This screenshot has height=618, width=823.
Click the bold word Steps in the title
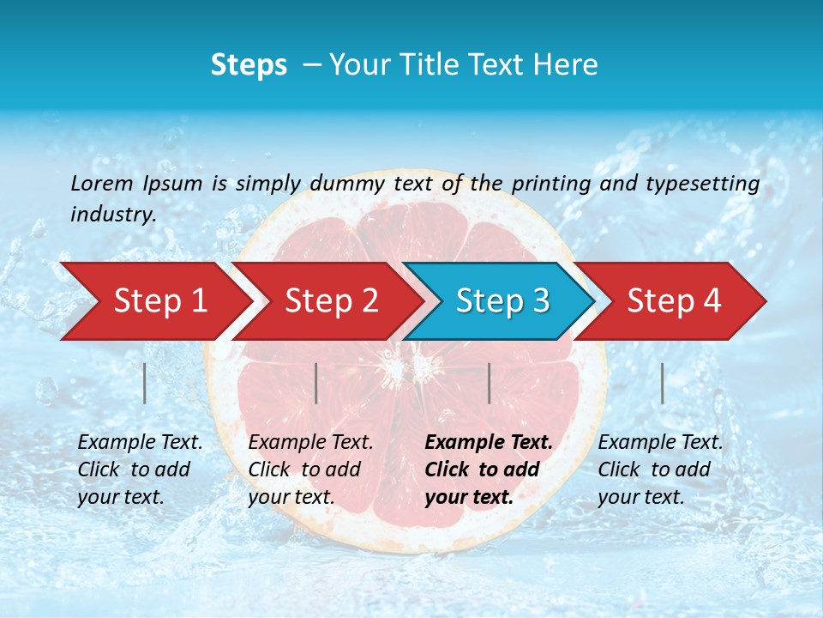point(249,65)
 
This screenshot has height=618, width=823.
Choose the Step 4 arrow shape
point(674,301)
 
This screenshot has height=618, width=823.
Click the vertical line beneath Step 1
point(145,383)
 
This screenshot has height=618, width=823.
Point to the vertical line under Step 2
point(316,383)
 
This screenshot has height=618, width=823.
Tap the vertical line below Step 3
point(489,383)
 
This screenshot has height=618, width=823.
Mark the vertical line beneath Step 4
point(663,383)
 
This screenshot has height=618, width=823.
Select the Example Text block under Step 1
point(140,470)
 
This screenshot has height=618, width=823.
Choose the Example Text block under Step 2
point(310,470)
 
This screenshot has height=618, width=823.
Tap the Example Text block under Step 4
point(660,470)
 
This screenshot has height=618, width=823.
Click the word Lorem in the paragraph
point(102,184)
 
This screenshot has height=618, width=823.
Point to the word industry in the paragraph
point(113,215)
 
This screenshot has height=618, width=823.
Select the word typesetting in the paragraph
point(702,184)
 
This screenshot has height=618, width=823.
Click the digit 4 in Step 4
point(712,301)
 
